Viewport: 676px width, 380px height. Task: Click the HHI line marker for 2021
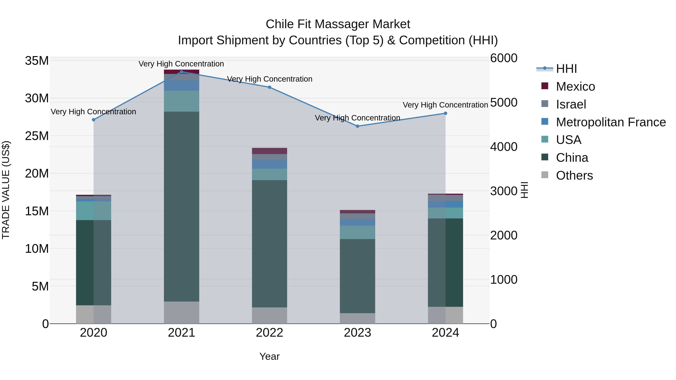pos(181,72)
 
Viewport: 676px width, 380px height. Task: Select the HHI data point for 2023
pos(357,126)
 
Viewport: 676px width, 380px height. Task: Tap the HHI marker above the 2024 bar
pos(445,113)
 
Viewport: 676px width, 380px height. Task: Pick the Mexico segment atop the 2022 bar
pos(269,151)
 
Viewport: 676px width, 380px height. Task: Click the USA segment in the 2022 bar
pos(269,174)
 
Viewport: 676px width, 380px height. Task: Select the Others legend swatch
pos(545,175)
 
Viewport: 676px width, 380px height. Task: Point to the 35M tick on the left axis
pos(37,61)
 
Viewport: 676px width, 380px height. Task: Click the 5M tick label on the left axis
pos(40,286)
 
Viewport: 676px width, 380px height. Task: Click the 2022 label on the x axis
pos(269,333)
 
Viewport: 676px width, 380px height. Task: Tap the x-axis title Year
pos(269,356)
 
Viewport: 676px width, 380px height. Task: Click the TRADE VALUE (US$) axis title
pos(6,190)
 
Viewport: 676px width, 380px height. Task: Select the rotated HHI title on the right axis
pos(524,190)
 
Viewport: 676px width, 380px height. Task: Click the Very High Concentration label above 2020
pos(94,111)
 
